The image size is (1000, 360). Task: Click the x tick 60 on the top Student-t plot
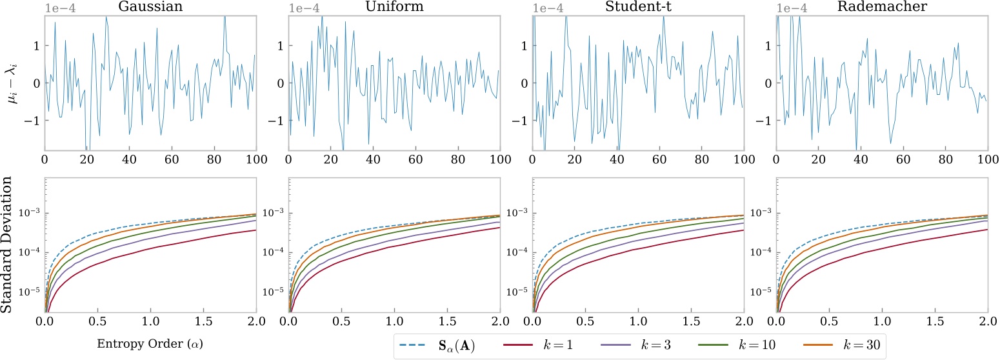[x=659, y=159]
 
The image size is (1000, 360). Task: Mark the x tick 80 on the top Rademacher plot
[x=945, y=159]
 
